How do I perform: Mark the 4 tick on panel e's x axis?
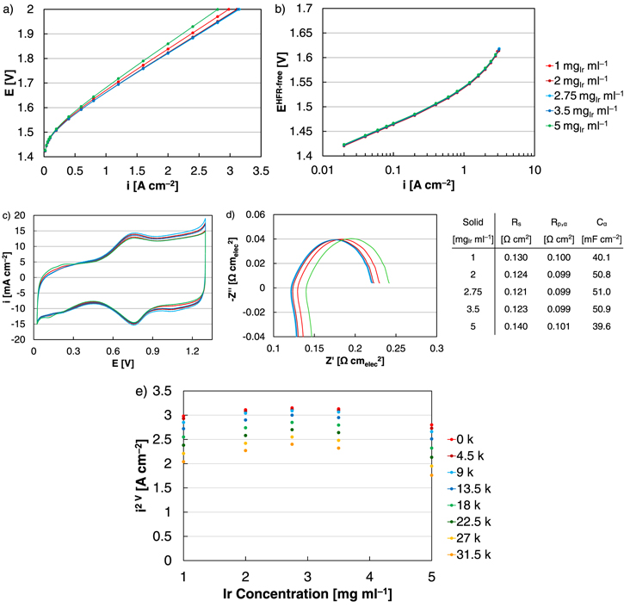pos(370,574)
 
